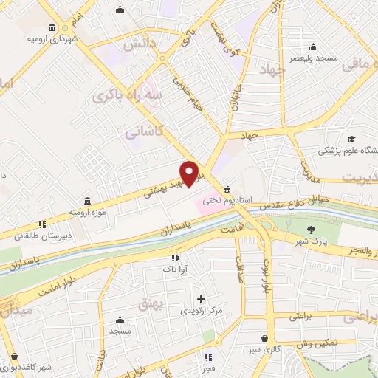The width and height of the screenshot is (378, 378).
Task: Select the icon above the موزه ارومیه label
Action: [x=88, y=201]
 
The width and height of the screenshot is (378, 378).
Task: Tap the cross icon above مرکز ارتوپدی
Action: [x=201, y=299]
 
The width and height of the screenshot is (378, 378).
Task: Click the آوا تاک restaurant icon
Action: [x=174, y=258]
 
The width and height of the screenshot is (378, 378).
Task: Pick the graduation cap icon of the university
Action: [x=352, y=139]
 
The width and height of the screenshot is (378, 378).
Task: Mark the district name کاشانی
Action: [x=140, y=134]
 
